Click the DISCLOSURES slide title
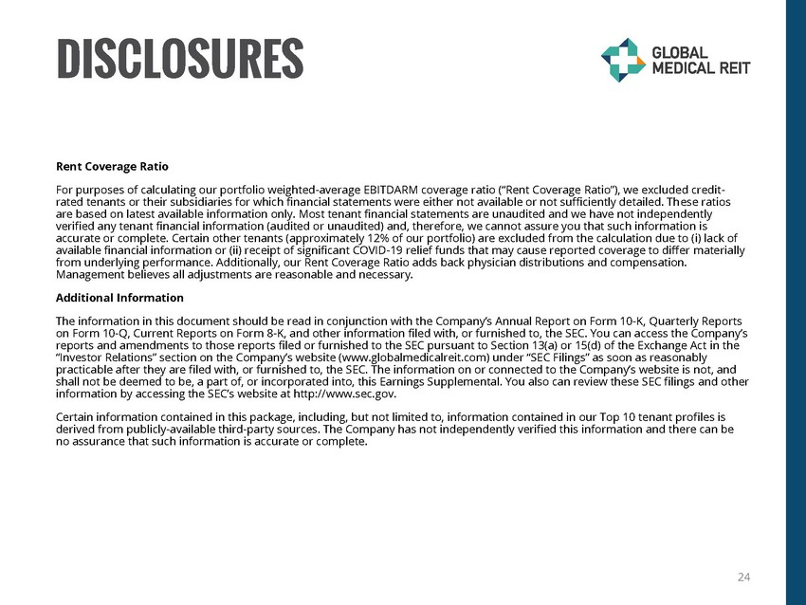coord(180,58)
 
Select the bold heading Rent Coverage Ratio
coord(112,166)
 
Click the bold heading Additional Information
coord(120,298)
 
